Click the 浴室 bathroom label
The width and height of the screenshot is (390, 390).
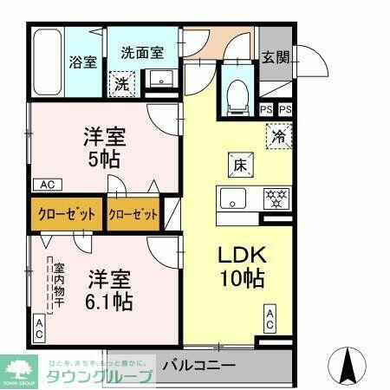click(x=83, y=62)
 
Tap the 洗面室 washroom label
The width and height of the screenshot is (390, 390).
click(x=141, y=53)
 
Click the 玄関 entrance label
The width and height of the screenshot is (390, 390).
click(x=276, y=58)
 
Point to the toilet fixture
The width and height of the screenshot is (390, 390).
click(x=237, y=95)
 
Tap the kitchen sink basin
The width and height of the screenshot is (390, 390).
click(x=233, y=198)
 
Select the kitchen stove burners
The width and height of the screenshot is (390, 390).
click(x=275, y=198)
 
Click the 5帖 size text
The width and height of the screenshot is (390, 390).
click(x=105, y=159)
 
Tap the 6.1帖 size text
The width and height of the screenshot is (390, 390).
click(x=109, y=302)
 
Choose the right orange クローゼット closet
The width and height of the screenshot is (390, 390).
click(x=133, y=216)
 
